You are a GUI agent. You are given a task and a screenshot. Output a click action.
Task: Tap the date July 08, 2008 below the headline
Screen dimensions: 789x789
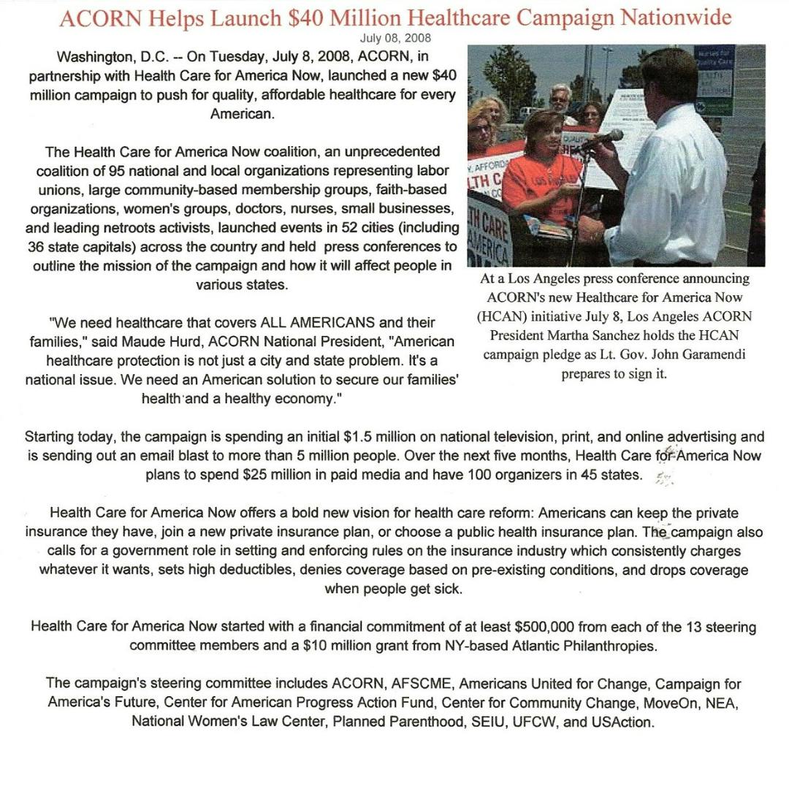(395, 38)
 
